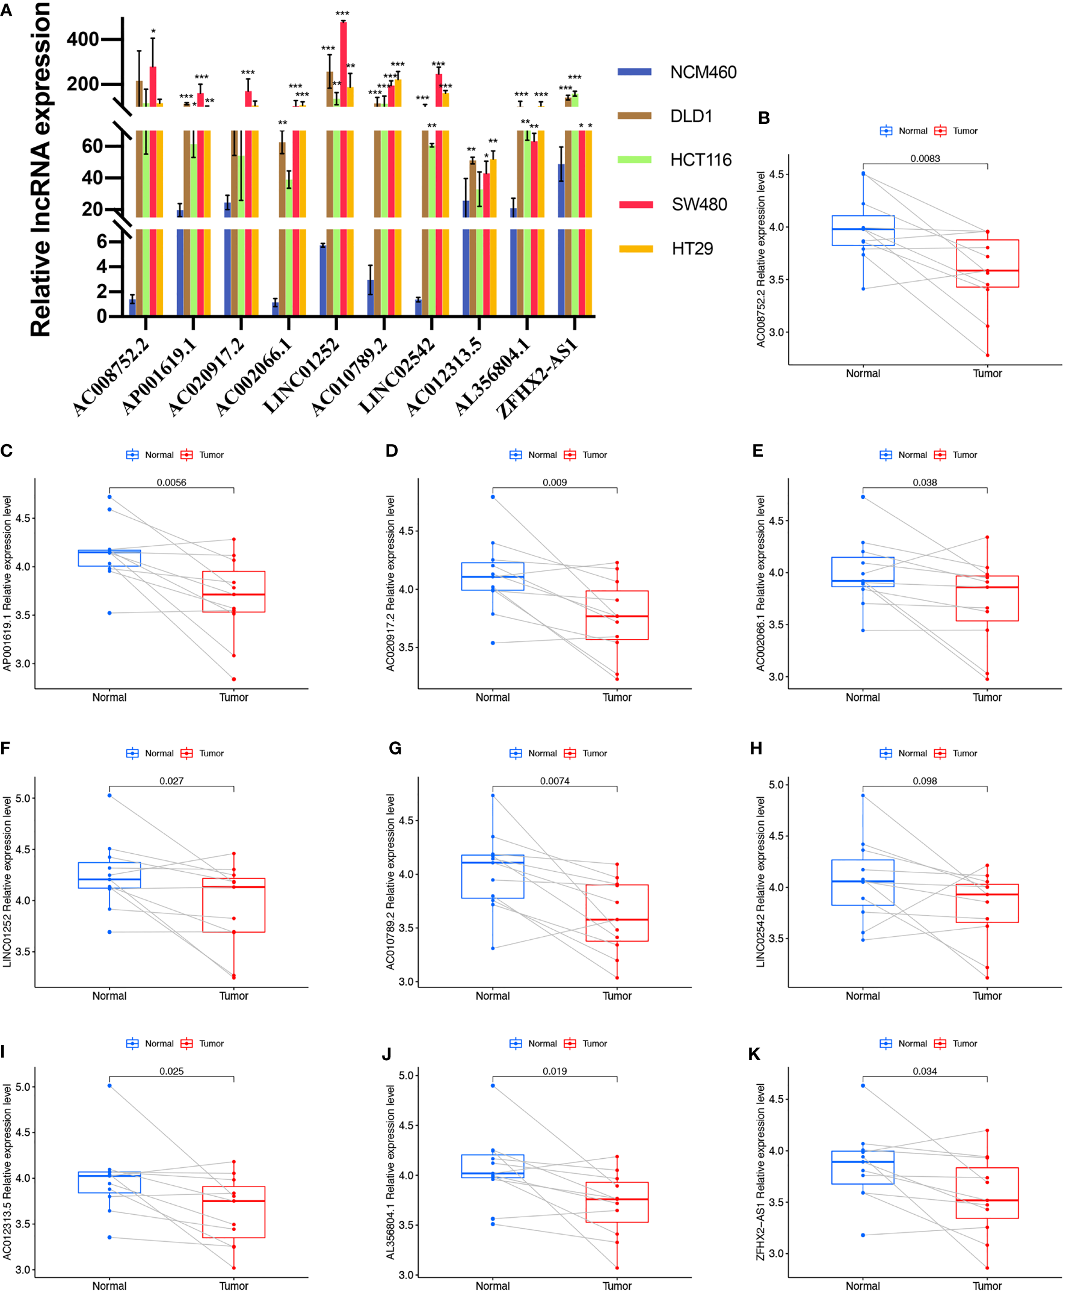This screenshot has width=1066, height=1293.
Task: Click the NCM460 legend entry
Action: pos(703,72)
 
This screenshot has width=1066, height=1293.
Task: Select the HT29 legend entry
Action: pos(691,248)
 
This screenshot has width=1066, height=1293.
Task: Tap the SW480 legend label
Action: pos(699,205)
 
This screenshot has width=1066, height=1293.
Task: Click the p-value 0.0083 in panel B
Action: pos(924,158)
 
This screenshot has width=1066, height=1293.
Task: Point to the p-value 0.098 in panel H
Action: pos(924,781)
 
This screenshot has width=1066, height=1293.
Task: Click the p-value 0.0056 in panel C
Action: pos(171,482)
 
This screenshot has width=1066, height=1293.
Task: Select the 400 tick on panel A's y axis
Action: pos(83,39)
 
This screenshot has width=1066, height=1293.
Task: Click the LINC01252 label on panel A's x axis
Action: pos(301,375)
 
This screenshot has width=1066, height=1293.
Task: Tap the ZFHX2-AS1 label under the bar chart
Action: pos(537,378)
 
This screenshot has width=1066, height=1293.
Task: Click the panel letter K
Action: pos(754,1054)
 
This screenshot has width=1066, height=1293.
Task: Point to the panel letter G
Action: pos(395,748)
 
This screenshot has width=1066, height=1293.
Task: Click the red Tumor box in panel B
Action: pos(987,264)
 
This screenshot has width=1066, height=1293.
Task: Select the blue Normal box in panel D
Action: pos(493,576)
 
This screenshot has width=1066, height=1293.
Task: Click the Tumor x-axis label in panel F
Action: pos(234,996)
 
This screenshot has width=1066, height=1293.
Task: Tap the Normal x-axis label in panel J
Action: pos(493,1286)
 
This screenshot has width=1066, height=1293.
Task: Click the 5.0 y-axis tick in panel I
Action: pos(22,1087)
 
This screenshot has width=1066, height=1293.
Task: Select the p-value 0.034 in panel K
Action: pos(924,1071)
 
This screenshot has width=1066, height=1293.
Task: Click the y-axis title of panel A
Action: pos(40,169)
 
